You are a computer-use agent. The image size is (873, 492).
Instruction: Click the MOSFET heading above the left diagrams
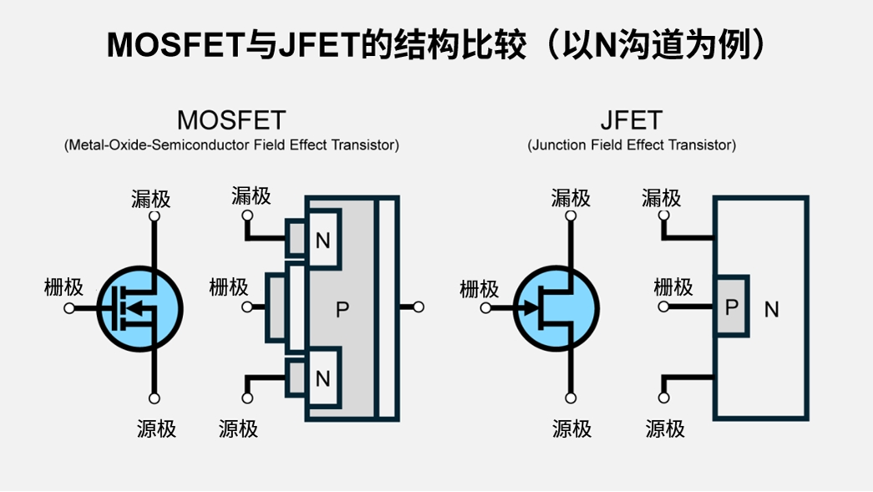pyautogui.click(x=231, y=119)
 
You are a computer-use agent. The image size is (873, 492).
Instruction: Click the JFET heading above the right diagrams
pyautogui.click(x=632, y=119)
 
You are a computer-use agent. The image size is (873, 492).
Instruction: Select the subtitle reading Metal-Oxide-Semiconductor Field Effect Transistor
pyautogui.click(x=231, y=145)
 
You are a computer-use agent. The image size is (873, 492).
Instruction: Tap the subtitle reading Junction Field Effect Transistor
pyautogui.click(x=632, y=145)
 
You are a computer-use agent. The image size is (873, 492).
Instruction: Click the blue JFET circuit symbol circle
pyautogui.click(x=556, y=308)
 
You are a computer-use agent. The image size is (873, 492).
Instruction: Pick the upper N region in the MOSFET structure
pyautogui.click(x=323, y=241)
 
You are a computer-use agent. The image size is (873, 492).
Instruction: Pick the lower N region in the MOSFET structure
pyautogui.click(x=323, y=378)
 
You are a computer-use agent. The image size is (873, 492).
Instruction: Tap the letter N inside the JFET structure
pyautogui.click(x=771, y=310)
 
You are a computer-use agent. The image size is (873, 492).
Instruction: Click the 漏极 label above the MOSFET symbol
pyautogui.click(x=151, y=199)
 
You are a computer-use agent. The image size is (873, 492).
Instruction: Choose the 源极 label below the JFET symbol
pyautogui.click(x=571, y=429)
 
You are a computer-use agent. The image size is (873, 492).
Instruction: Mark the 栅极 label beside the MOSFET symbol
pyautogui.click(x=63, y=287)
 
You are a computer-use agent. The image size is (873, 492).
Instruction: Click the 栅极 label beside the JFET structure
pyautogui.click(x=673, y=287)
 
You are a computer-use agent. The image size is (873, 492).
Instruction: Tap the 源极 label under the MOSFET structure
pyautogui.click(x=238, y=429)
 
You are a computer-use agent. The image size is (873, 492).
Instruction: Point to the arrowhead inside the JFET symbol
pyautogui.click(x=530, y=308)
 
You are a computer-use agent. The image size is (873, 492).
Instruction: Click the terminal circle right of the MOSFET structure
pyautogui.click(x=419, y=307)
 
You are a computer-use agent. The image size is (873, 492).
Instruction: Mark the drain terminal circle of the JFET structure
pyautogui.click(x=664, y=216)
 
